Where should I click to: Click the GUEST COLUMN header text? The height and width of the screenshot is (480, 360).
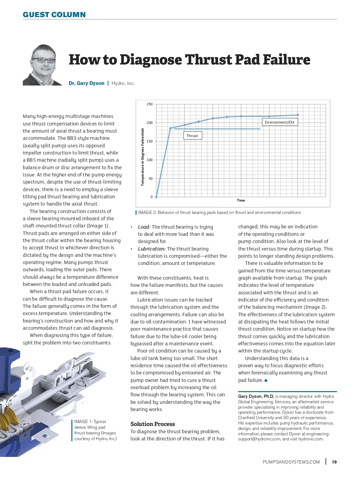tap(54, 15)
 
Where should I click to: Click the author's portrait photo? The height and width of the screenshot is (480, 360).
tap(42, 65)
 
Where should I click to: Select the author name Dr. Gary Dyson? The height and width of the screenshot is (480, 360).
tap(86, 83)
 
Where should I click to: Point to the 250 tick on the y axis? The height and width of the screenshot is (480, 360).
tap(149, 104)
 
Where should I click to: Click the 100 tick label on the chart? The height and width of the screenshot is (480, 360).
tap(149, 160)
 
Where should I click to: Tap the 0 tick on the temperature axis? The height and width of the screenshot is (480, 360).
tap(151, 197)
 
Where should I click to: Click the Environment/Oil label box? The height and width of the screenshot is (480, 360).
tap(279, 122)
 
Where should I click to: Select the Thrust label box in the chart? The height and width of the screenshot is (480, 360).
tap(192, 136)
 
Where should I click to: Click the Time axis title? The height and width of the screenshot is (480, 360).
tap(241, 200)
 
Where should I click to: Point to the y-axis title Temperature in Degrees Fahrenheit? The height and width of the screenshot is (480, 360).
tap(142, 157)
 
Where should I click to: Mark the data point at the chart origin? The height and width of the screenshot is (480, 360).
tap(156, 197)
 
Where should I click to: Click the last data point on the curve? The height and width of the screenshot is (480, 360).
tap(298, 115)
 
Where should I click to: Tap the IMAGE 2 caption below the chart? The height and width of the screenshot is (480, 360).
tap(219, 213)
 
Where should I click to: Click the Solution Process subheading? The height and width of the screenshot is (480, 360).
tap(152, 424)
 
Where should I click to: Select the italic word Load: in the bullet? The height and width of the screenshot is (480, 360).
tap(144, 227)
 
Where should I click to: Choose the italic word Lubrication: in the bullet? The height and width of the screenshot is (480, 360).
tap(151, 249)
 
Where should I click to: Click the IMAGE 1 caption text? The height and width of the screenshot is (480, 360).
tap(95, 430)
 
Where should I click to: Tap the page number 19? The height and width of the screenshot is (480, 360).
tap(334, 462)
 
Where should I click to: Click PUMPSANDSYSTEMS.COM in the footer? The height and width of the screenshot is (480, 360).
tap(291, 462)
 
